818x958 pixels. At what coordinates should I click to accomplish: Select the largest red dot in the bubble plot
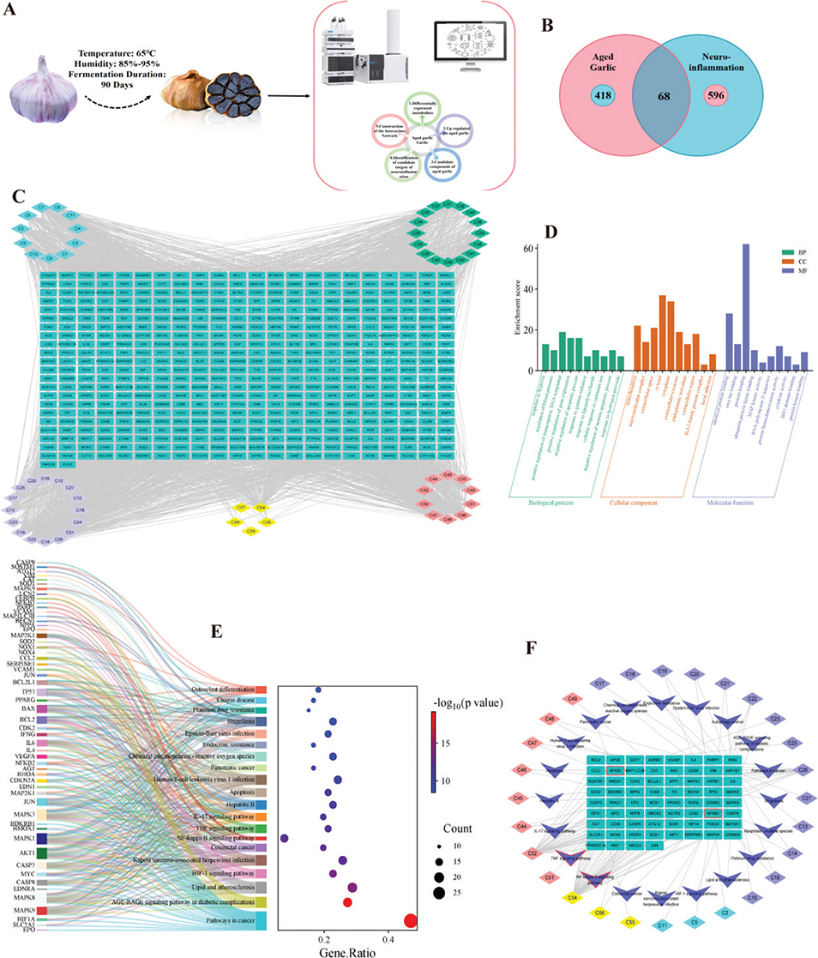point(410,921)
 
